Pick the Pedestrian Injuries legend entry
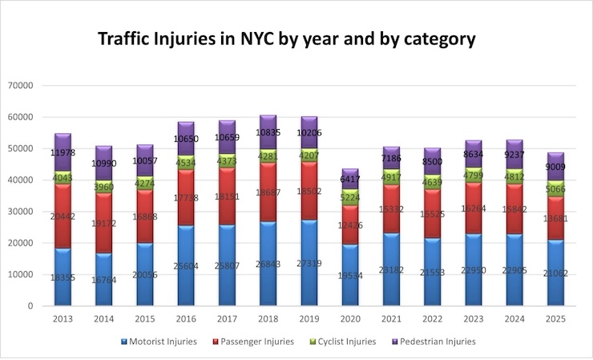435,342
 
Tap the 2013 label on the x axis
63,318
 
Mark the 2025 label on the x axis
559,318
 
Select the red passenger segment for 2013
63,216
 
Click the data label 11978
63,152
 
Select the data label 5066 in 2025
559,190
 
